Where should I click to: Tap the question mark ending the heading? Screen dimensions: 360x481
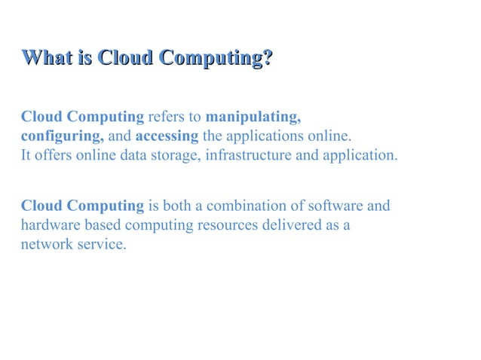(267, 58)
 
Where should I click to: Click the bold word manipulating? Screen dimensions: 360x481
(253, 117)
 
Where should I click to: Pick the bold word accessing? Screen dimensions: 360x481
(167, 137)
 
